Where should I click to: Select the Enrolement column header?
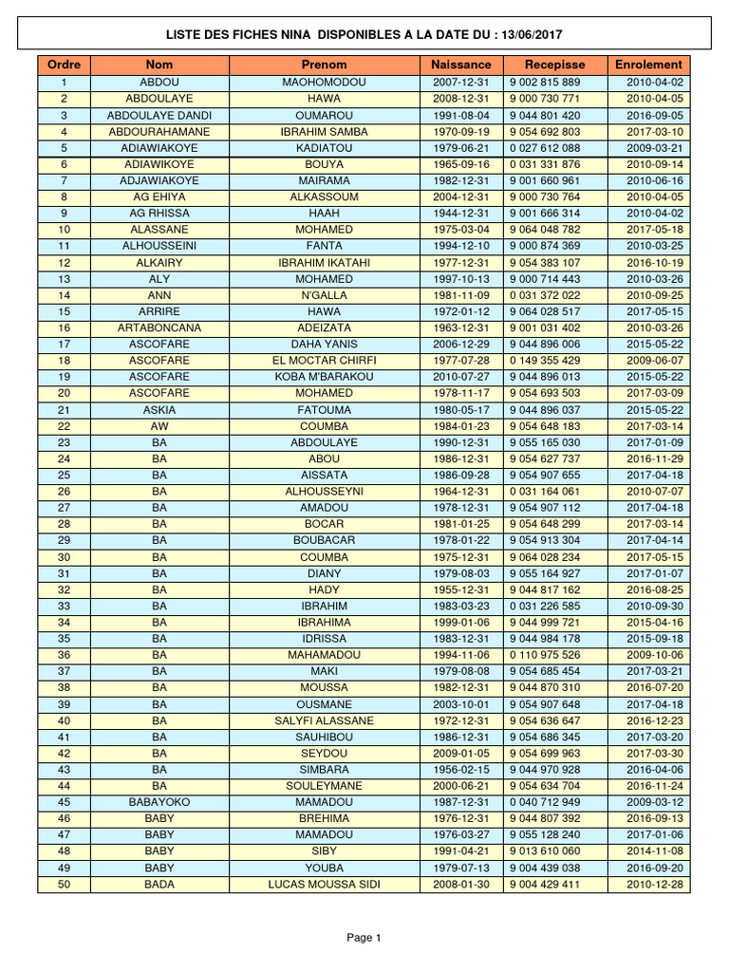click(x=648, y=65)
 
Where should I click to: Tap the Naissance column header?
click(x=460, y=65)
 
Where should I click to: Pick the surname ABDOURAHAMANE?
click(x=159, y=132)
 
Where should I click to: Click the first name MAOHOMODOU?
click(x=324, y=83)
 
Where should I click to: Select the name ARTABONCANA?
click(x=159, y=327)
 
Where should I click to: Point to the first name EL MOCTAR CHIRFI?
click(x=324, y=361)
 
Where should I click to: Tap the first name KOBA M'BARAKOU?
click(x=324, y=377)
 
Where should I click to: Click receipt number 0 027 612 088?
click(x=544, y=148)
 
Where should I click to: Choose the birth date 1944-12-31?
click(x=460, y=214)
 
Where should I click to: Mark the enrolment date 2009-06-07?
click(x=655, y=361)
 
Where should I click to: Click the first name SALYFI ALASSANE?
click(x=324, y=720)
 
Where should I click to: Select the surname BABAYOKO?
click(x=159, y=802)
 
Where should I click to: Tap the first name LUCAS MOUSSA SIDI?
click(x=324, y=885)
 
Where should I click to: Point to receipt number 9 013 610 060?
click(x=544, y=851)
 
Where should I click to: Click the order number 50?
click(x=64, y=885)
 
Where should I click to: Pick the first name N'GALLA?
click(x=324, y=295)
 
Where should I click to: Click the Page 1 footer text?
click(x=364, y=938)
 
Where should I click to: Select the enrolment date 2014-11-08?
click(x=655, y=851)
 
